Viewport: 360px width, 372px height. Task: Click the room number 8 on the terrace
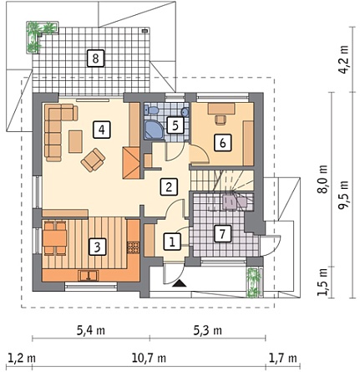point(95,59)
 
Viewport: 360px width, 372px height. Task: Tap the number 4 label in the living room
point(102,130)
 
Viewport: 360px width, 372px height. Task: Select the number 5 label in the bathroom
point(175,125)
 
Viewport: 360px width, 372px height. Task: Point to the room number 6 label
point(223,143)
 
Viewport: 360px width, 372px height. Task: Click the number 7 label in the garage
point(222,233)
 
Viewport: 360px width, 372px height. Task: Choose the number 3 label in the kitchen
point(97,247)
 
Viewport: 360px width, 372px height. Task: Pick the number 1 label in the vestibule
point(172,241)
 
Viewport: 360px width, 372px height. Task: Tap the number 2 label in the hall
point(169,186)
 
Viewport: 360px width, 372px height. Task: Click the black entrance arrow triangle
point(180,283)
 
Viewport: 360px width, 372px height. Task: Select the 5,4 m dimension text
point(91,330)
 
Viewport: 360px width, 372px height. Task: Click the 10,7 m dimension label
point(149,358)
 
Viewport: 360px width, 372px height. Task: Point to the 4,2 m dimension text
point(344,59)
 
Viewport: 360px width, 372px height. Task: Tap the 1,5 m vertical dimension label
point(323,282)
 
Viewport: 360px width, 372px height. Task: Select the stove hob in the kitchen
point(133,247)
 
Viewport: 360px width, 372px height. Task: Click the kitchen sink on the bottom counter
point(89,276)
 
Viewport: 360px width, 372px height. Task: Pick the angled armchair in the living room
point(93,160)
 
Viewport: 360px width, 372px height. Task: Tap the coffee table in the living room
point(75,141)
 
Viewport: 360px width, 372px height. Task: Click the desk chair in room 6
point(221,120)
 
